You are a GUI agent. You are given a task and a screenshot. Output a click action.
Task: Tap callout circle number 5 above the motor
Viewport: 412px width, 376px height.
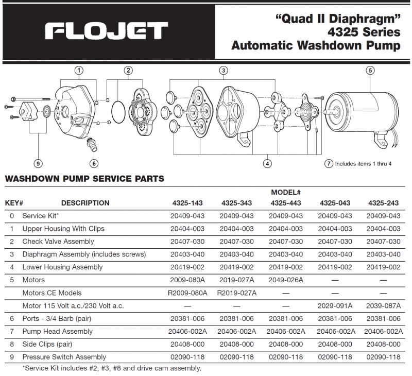(x=370, y=71)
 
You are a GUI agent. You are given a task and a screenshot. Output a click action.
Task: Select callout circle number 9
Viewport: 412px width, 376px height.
(x=38, y=164)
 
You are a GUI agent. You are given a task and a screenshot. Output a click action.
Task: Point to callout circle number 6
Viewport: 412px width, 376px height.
(x=93, y=164)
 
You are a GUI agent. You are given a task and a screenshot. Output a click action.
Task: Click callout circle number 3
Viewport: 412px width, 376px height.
(x=223, y=71)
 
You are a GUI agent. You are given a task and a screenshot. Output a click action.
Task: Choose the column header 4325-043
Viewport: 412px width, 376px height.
(x=335, y=203)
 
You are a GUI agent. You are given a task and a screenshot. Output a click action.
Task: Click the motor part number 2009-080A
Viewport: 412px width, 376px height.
(x=188, y=280)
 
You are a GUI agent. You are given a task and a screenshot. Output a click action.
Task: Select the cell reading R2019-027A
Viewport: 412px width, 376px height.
(x=237, y=293)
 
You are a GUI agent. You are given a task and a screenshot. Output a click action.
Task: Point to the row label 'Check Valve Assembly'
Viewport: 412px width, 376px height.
(x=58, y=242)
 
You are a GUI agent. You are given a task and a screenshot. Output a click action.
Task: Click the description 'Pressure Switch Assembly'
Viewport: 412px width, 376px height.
(x=64, y=357)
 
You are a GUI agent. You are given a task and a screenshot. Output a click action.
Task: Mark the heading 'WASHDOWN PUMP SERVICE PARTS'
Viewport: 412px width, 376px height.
(x=84, y=179)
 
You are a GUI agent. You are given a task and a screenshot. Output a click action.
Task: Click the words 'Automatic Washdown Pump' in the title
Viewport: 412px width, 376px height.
(x=316, y=45)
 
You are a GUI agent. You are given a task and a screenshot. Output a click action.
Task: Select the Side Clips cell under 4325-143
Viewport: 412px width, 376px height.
(x=188, y=344)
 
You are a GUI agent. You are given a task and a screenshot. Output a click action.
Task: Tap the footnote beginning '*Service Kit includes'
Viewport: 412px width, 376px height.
(x=112, y=368)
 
